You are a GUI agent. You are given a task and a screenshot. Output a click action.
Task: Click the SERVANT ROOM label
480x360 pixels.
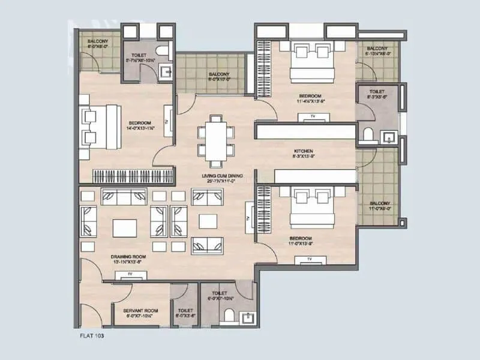140,310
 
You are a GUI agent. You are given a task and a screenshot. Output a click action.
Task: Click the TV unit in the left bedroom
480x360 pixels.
169,121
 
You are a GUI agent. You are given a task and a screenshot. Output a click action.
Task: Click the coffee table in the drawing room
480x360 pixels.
124,228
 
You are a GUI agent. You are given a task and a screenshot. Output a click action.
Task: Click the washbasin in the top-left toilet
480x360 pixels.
167,73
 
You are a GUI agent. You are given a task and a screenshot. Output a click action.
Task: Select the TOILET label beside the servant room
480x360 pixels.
184,310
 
